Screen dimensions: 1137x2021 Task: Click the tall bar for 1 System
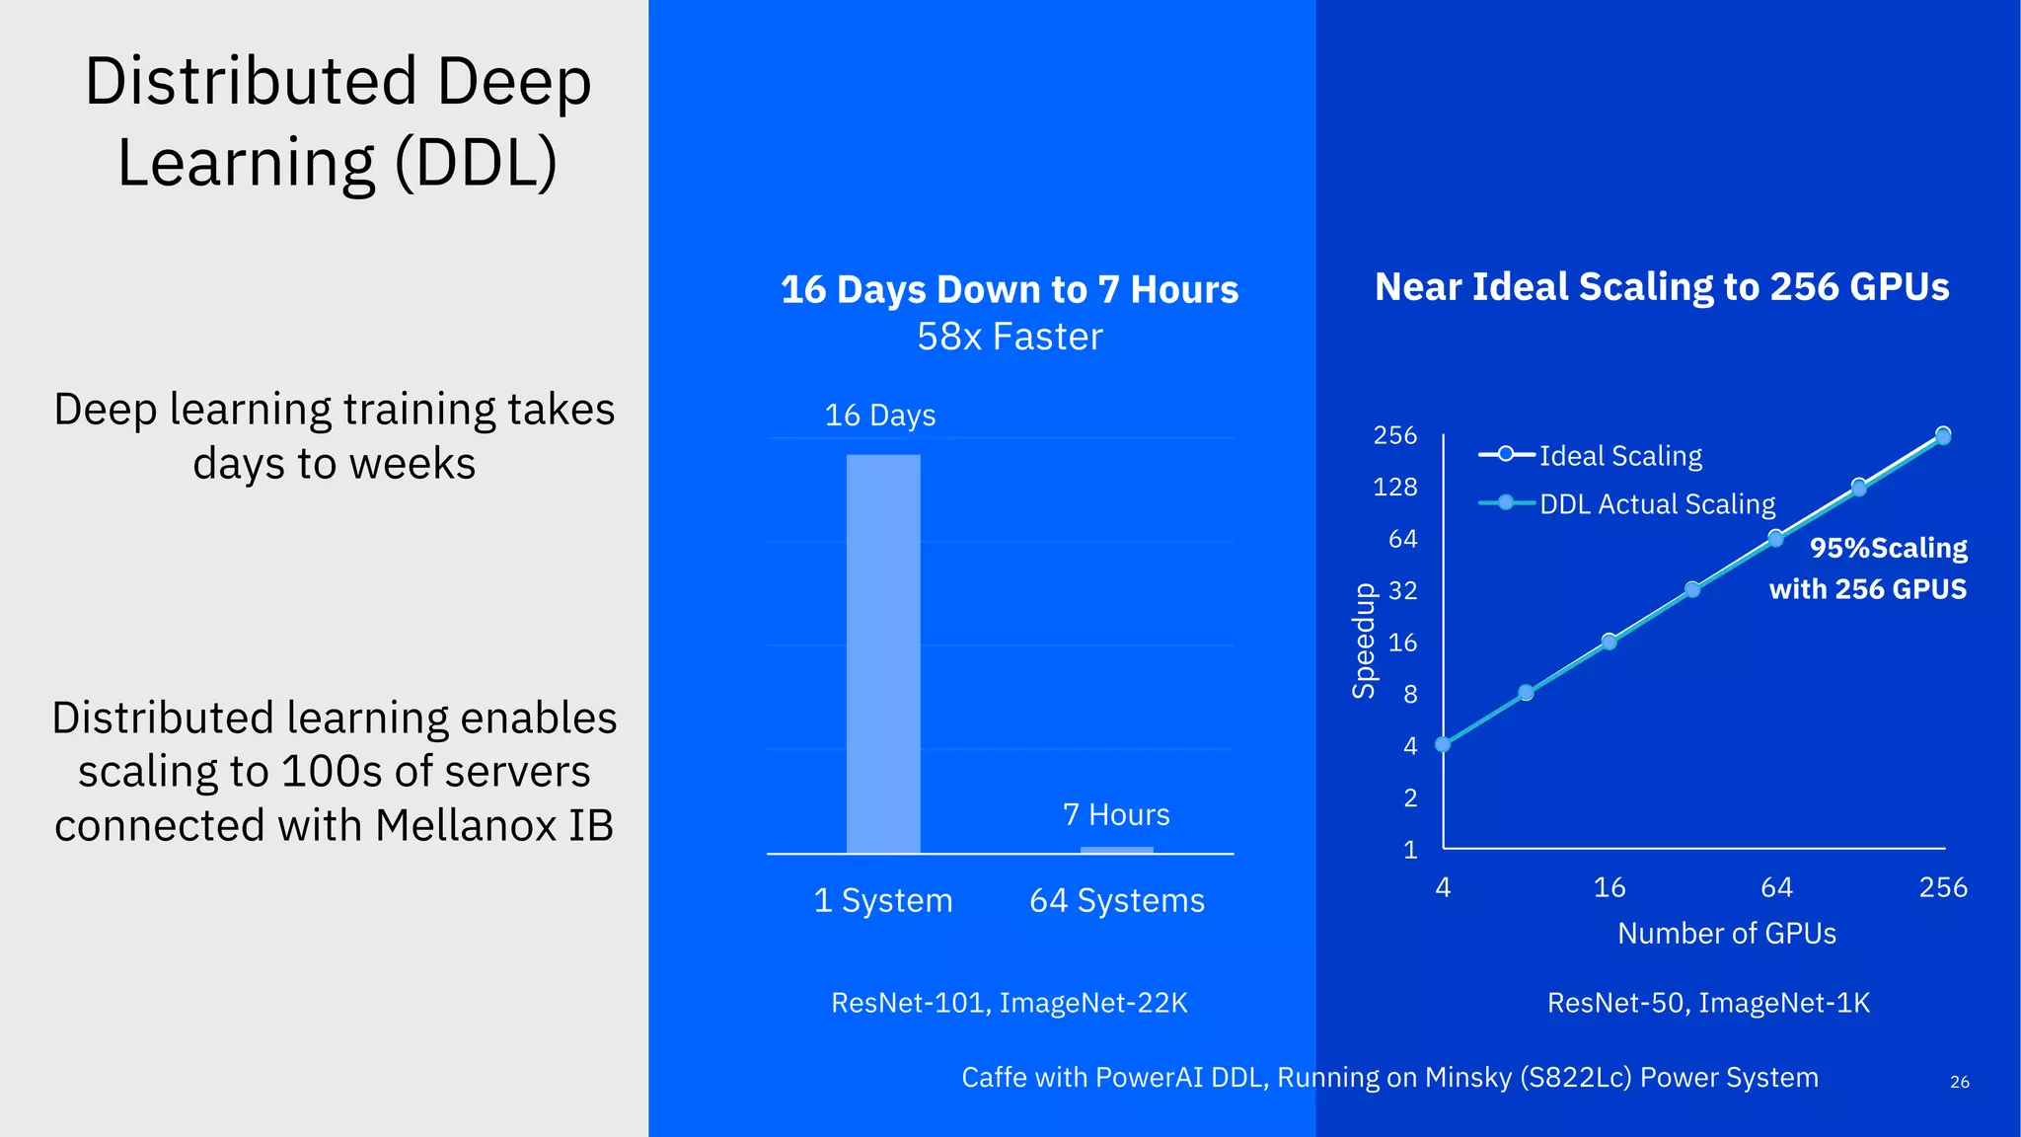pyautogui.click(x=883, y=653)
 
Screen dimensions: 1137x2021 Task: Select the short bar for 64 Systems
pyautogui.click(x=1117, y=850)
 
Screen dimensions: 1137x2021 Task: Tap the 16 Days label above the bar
pyautogui.click(x=879, y=416)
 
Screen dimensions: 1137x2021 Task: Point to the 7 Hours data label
pyautogui.click(x=1116, y=815)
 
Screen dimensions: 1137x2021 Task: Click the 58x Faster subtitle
pyautogui.click(x=1010, y=338)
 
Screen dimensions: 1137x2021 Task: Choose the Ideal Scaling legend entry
pyautogui.click(x=1619, y=456)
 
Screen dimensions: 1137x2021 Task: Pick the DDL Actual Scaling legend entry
pyautogui.click(x=1656, y=504)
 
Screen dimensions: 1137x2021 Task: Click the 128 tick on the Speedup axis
pyautogui.click(x=1394, y=488)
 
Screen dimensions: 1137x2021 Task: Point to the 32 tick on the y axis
pyautogui.click(x=1402, y=591)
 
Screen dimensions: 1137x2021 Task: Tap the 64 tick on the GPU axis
pyautogui.click(x=1776, y=888)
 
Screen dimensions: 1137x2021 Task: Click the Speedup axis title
pyautogui.click(x=1364, y=642)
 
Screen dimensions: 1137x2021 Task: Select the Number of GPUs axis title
pyautogui.click(x=1727, y=934)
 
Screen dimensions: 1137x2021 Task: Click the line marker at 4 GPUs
pyautogui.click(x=1443, y=745)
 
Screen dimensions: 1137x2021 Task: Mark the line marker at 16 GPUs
pyautogui.click(x=1609, y=642)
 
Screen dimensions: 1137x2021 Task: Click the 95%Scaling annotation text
pyautogui.click(x=1888, y=549)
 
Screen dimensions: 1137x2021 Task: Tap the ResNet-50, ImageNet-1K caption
pyautogui.click(x=1708, y=1004)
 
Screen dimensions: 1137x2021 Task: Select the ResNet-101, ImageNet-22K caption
pyautogui.click(x=1010, y=1004)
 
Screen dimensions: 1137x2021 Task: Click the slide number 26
pyautogui.click(x=1960, y=1083)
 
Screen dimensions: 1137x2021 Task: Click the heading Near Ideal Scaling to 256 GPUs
pyautogui.click(x=1662, y=287)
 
